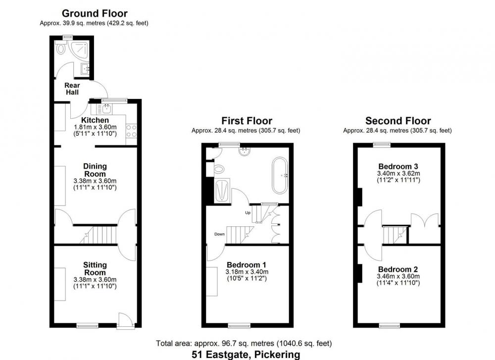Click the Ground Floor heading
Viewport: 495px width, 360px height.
click(x=95, y=13)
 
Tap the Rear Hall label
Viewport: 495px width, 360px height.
click(x=72, y=89)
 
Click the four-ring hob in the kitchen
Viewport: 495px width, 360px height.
click(x=131, y=131)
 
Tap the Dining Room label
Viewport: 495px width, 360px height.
click(x=95, y=170)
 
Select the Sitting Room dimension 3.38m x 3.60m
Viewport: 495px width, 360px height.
click(x=95, y=279)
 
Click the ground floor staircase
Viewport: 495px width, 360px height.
click(x=99, y=235)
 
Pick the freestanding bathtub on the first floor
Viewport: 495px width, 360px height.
click(x=280, y=175)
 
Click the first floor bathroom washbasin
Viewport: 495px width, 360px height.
click(x=245, y=152)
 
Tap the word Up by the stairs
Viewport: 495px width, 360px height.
click(x=248, y=213)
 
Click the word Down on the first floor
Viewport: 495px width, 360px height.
click(x=219, y=234)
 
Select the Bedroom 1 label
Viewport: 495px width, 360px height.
click(x=247, y=264)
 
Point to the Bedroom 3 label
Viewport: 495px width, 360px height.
click(x=398, y=166)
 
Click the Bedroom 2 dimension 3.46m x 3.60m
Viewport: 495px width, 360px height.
click(x=398, y=276)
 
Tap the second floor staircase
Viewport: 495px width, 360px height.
click(x=395, y=235)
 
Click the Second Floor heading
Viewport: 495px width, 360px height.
click(x=398, y=121)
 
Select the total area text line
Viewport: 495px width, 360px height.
click(x=244, y=343)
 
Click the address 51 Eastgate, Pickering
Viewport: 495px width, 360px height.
click(x=246, y=355)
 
